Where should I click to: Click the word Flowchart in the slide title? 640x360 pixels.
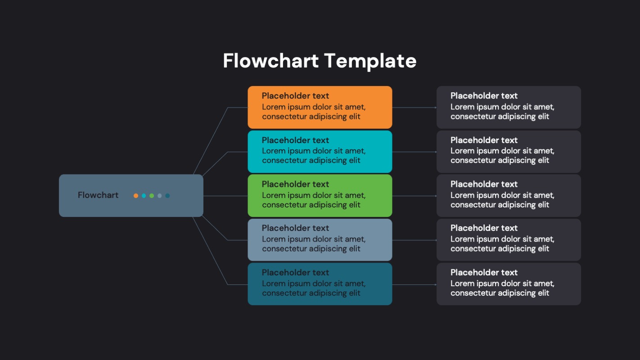pyautogui.click(x=270, y=61)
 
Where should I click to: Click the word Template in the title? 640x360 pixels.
pyautogui.click(x=370, y=61)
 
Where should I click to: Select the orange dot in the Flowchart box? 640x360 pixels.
pyautogui.click(x=136, y=196)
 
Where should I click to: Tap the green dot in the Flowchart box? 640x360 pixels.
pyautogui.click(x=152, y=196)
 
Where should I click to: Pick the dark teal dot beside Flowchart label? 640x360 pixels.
pyautogui.click(x=167, y=196)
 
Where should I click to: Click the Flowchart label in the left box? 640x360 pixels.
pyautogui.click(x=98, y=195)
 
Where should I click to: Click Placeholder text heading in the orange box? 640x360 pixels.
pyautogui.click(x=295, y=96)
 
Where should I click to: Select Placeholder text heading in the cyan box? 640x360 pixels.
pyautogui.click(x=295, y=140)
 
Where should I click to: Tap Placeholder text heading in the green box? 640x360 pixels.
pyautogui.click(x=295, y=184)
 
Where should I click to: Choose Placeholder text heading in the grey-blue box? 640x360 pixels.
pyautogui.click(x=295, y=228)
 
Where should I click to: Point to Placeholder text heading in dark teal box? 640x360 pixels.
pyautogui.click(x=295, y=272)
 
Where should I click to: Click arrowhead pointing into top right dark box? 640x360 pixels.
pyautogui.click(x=435, y=108)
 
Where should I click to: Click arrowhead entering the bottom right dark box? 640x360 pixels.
pyautogui.click(x=435, y=285)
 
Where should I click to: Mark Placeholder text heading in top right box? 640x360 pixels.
pyautogui.click(x=484, y=96)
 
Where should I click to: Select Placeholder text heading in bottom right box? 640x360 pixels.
pyautogui.click(x=484, y=272)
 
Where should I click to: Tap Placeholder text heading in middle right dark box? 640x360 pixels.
pyautogui.click(x=484, y=184)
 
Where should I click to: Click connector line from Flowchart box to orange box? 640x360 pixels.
pyautogui.click(x=212, y=139)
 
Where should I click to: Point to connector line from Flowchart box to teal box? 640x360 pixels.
pyautogui.click(x=211, y=252)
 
